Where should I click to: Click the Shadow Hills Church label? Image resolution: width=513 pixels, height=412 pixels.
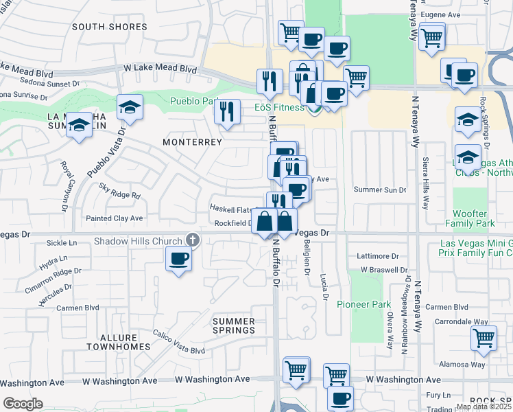(x=138, y=241)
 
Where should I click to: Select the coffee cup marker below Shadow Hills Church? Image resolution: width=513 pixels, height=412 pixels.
(x=178, y=259)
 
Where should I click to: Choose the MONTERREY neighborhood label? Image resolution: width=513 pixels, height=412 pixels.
(x=192, y=142)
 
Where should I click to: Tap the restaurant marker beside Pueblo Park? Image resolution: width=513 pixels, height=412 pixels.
(x=227, y=111)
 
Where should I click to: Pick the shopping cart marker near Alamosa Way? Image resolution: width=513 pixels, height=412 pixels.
(x=484, y=338)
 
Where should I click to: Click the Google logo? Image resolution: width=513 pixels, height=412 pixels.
(x=23, y=404)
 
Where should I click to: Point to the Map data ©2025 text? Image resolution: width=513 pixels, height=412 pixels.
(x=483, y=407)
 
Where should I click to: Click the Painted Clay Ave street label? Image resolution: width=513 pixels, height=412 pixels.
(x=114, y=218)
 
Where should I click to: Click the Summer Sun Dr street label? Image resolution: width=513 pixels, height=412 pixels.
(x=380, y=190)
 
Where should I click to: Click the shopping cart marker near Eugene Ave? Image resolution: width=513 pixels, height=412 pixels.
(x=431, y=36)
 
